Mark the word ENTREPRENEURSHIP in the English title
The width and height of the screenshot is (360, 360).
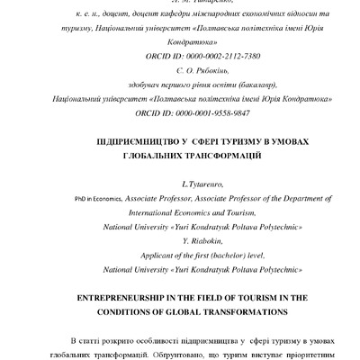point(124,297)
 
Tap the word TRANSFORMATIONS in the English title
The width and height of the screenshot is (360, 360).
point(236,312)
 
